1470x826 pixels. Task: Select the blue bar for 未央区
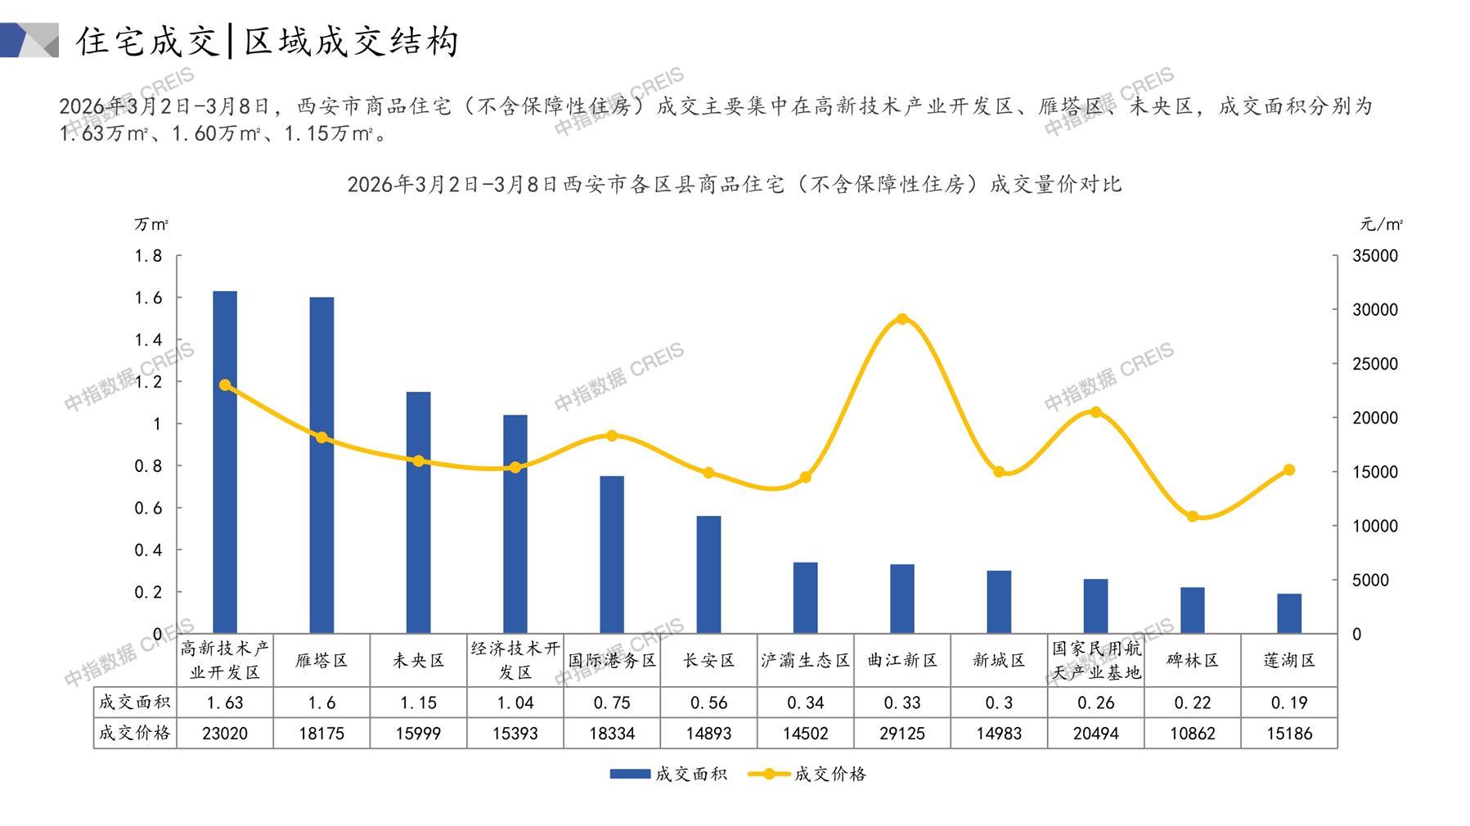[x=418, y=512]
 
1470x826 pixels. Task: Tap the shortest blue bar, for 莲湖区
[x=1288, y=613]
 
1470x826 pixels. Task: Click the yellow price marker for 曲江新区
[x=901, y=319]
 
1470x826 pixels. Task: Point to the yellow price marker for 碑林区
[x=1192, y=516]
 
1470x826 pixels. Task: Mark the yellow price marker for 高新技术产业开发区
[x=225, y=385]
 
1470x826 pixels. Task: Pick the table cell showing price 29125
[x=901, y=734]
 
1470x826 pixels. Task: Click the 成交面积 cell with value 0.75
[x=612, y=703]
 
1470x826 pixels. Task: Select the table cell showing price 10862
[x=1192, y=734]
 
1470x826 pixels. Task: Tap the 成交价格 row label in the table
[x=135, y=734]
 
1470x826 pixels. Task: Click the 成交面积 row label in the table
[x=135, y=703]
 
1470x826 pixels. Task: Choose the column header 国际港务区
[x=612, y=661]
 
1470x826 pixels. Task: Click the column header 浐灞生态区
[x=805, y=661]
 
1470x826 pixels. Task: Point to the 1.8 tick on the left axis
[x=149, y=256]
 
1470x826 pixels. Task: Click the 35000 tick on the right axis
[x=1375, y=256]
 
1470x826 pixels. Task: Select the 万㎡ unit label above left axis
[x=151, y=224]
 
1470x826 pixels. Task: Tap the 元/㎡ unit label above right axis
[x=1381, y=224]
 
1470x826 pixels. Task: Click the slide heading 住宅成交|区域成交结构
[x=267, y=41]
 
